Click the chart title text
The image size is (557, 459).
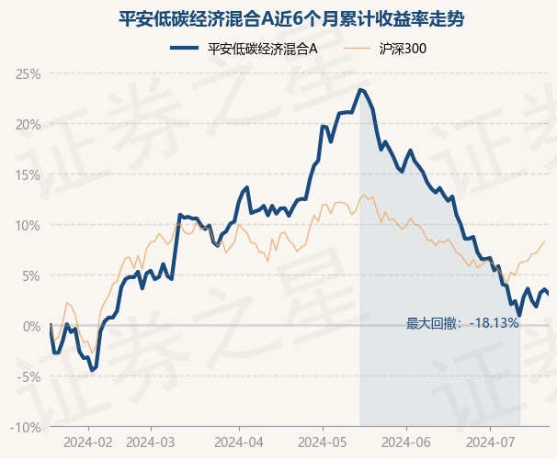(291, 18)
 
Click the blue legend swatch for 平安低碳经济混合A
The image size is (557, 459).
(185, 48)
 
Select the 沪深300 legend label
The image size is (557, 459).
(403, 49)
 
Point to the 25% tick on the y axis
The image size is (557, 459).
(28, 74)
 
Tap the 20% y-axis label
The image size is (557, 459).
(28, 125)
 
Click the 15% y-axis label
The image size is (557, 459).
(28, 175)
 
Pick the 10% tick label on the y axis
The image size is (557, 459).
(28, 226)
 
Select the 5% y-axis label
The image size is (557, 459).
(31, 276)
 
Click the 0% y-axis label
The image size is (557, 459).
(31, 326)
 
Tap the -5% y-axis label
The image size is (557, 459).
(29, 376)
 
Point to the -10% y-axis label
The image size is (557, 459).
(26, 428)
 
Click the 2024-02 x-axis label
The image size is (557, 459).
(88, 442)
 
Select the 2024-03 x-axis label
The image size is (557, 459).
(151, 442)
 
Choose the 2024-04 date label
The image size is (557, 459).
(239, 442)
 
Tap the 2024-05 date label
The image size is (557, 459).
(323, 442)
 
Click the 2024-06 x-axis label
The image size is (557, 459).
(406, 442)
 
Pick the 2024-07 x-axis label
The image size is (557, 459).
(490, 442)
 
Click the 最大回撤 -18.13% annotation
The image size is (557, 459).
(462, 323)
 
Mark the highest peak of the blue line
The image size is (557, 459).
(360, 90)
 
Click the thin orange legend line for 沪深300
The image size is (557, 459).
(358, 48)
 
